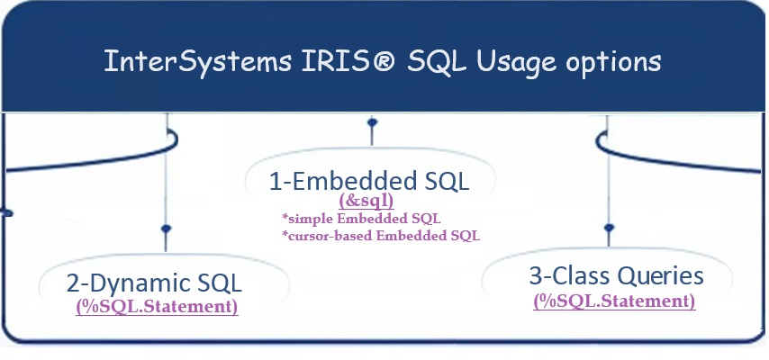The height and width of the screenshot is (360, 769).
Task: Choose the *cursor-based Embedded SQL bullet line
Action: tap(381, 236)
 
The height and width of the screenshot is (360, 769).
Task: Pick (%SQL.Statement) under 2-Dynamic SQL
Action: tap(158, 307)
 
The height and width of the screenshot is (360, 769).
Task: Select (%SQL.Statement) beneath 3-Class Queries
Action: tap(614, 301)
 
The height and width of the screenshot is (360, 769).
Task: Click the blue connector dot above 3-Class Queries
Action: tap(610, 229)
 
